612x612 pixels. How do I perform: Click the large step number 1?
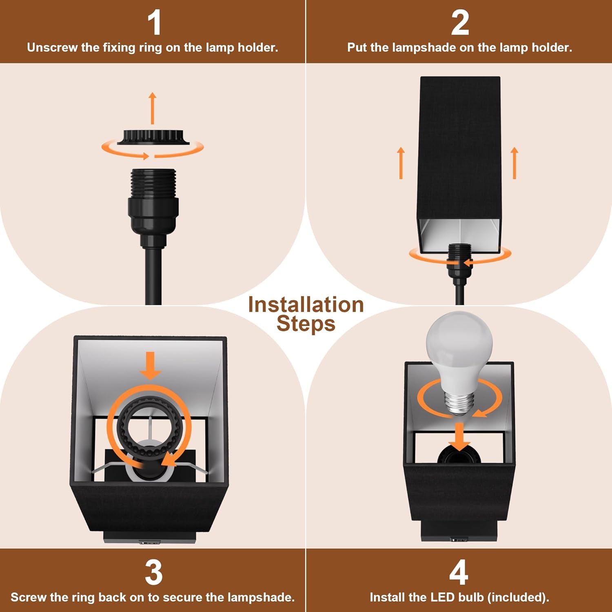(x=154, y=23)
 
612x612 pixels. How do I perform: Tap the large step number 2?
(x=460, y=23)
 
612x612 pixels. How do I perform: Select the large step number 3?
(x=154, y=572)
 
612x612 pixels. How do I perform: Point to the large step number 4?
(x=459, y=572)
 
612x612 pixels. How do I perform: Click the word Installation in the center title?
(x=306, y=305)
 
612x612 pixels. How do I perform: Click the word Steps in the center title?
(x=306, y=324)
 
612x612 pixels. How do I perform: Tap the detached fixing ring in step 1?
(x=153, y=137)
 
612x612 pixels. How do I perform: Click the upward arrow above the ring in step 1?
(x=152, y=108)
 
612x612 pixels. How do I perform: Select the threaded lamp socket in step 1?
(x=153, y=184)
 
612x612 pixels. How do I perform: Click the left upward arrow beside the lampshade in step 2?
(x=401, y=163)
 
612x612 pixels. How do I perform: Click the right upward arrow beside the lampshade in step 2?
(x=514, y=163)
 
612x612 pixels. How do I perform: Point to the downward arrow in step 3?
(x=151, y=364)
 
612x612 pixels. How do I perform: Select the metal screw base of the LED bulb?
(x=459, y=403)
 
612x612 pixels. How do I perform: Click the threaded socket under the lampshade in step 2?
(x=459, y=253)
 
